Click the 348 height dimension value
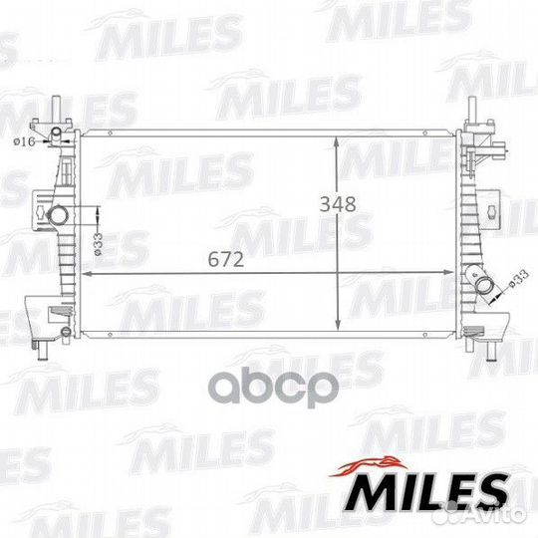pos(338,204)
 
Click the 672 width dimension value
pos(226,259)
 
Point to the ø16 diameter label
pos(24,141)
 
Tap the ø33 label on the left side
pos(98,244)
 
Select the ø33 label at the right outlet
pos(518,279)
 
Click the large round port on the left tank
pos(58,215)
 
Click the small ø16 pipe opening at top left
pos(56,132)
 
